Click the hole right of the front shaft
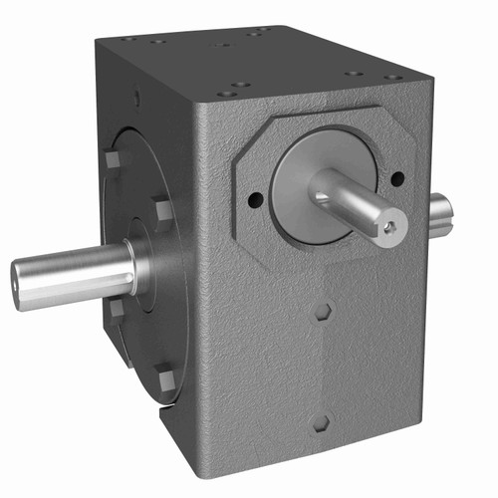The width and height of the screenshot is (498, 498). click(397, 179)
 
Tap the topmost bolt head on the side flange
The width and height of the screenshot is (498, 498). click(111, 159)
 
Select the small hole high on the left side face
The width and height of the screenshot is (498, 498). click(136, 98)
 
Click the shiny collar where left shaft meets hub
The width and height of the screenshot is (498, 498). click(140, 266)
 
